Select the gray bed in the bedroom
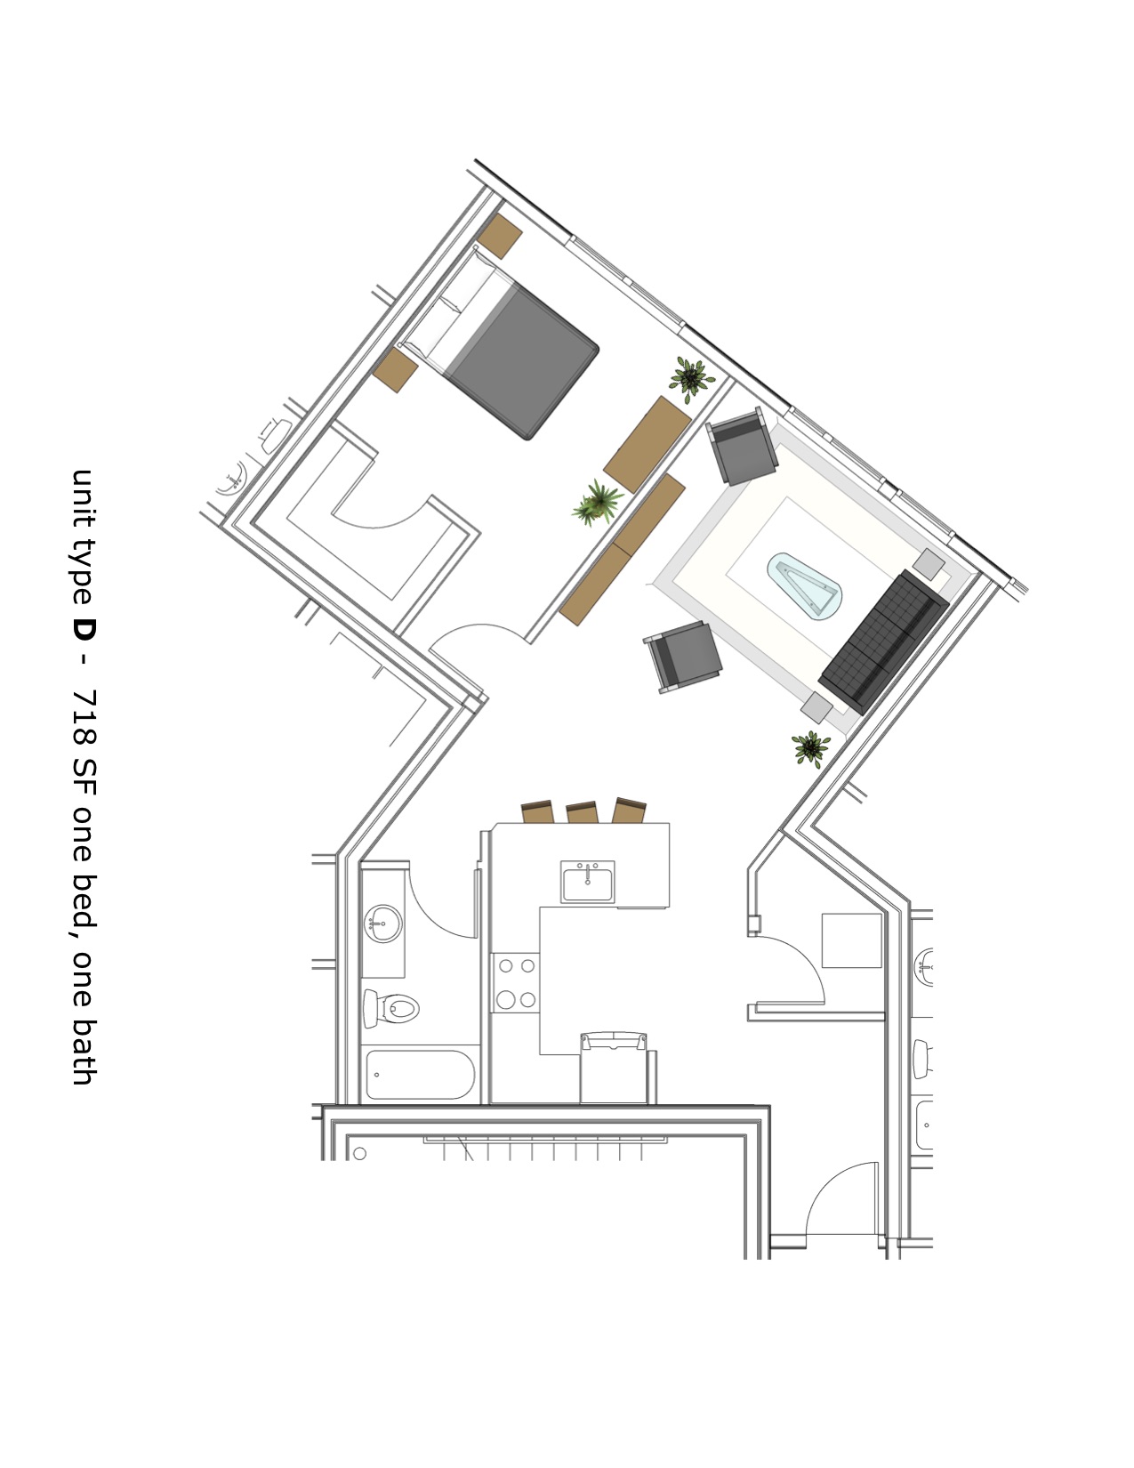point(520,359)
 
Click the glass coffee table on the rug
point(805,587)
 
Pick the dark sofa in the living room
point(883,641)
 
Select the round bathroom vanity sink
point(382,923)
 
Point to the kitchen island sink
point(587,881)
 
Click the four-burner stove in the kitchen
point(516,982)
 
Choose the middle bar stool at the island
point(582,811)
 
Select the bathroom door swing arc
point(454,907)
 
